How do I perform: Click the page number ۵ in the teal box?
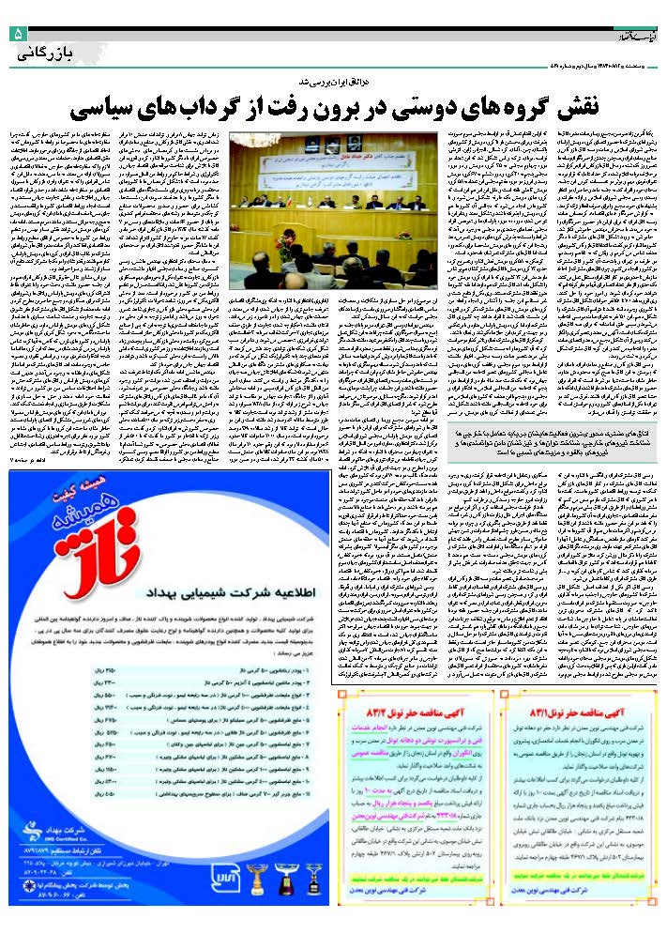click(18, 35)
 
